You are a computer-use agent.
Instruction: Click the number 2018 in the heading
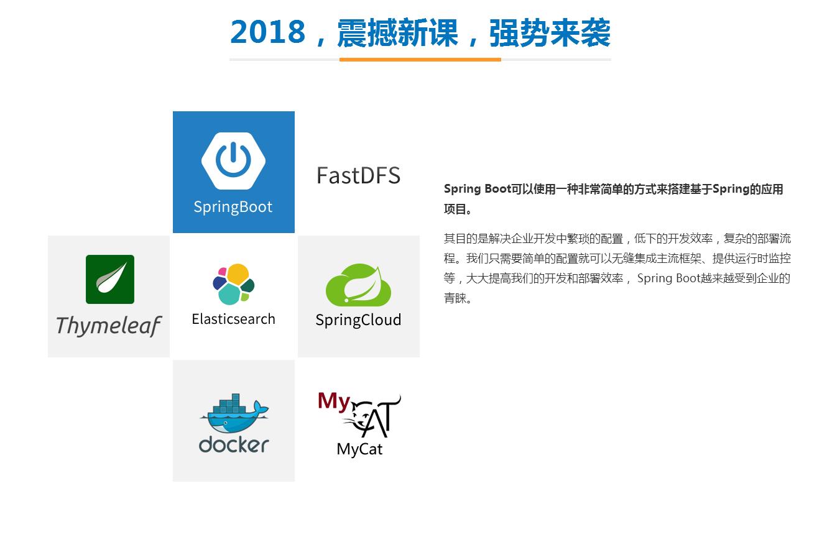pyautogui.click(x=268, y=32)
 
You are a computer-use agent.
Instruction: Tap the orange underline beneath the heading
pyautogui.click(x=420, y=60)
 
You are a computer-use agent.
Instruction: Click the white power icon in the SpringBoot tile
pyautogui.click(x=233, y=160)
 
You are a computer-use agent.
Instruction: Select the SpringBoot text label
pyautogui.click(x=233, y=207)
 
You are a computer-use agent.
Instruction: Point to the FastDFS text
pyautogui.click(x=358, y=175)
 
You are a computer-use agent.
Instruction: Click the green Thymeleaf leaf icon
pyautogui.click(x=110, y=279)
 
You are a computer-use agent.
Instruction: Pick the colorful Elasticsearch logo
pyautogui.click(x=233, y=284)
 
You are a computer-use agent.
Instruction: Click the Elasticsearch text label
pyautogui.click(x=233, y=319)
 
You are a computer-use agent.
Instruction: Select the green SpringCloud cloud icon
pyautogui.click(x=358, y=285)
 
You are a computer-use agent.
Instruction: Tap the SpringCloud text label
pyautogui.click(x=358, y=320)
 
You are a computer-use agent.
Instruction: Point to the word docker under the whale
pyautogui.click(x=233, y=444)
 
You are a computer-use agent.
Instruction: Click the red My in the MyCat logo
pyautogui.click(x=334, y=401)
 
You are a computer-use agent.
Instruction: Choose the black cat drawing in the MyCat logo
pyautogui.click(x=373, y=416)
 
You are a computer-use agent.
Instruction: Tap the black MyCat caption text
pyautogui.click(x=359, y=449)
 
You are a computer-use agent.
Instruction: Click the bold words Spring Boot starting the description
pyautogui.click(x=477, y=189)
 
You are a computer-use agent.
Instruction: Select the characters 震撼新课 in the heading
pyautogui.click(x=397, y=32)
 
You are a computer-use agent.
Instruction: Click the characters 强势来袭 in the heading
pyautogui.click(x=550, y=32)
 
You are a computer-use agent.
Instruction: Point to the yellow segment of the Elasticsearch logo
pyautogui.click(x=238, y=274)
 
